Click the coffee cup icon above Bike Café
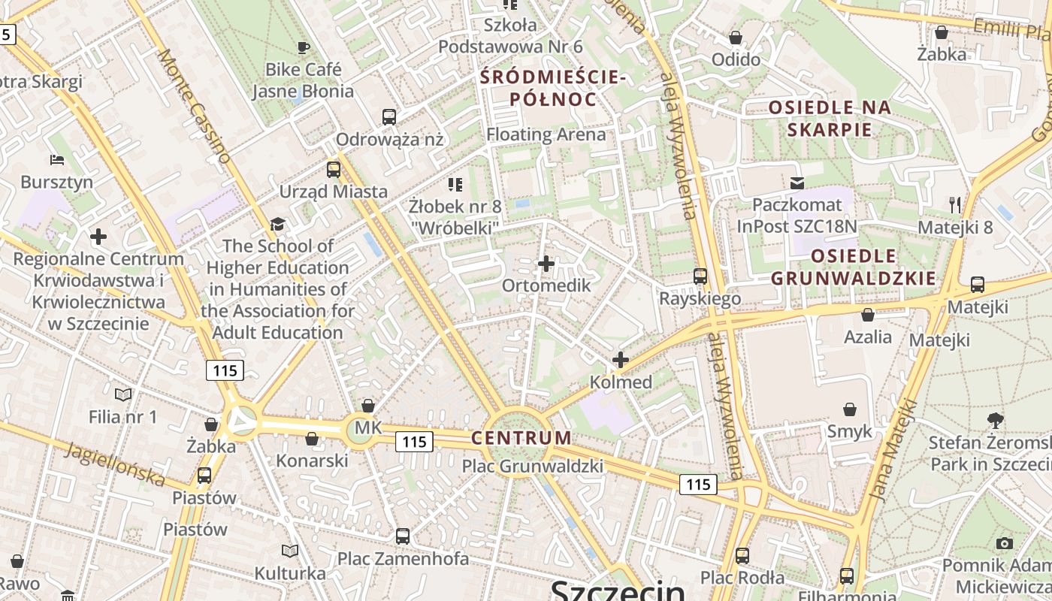pyautogui.click(x=303, y=48)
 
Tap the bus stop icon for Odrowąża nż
pyautogui.click(x=388, y=117)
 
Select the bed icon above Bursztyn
pyautogui.click(x=57, y=159)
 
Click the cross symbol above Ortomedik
pyautogui.click(x=546, y=264)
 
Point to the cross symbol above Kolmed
pyautogui.click(x=620, y=360)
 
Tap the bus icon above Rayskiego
pyautogui.click(x=700, y=276)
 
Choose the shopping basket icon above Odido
pyautogui.click(x=736, y=37)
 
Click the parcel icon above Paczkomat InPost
pyautogui.click(x=797, y=183)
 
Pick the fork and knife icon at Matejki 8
pyautogui.click(x=955, y=204)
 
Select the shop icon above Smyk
pyautogui.click(x=850, y=409)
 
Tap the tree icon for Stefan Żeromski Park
pyautogui.click(x=996, y=420)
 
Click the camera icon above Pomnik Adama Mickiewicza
pyautogui.click(x=1005, y=543)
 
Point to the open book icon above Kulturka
pyautogui.click(x=290, y=551)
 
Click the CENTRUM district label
pyautogui.click(x=521, y=437)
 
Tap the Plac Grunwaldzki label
pyautogui.click(x=532, y=467)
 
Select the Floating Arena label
pyautogui.click(x=546, y=134)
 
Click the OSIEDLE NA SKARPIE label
pyautogui.click(x=830, y=119)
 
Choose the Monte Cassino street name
pyautogui.click(x=194, y=106)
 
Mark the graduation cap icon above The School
pyautogui.click(x=278, y=224)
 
